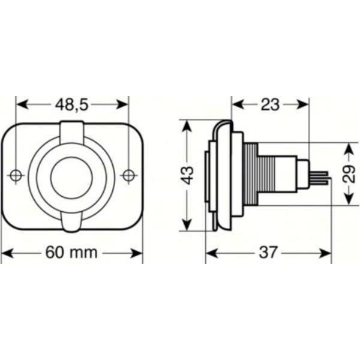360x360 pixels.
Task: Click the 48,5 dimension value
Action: click(x=72, y=104)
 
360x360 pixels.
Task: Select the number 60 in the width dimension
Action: click(x=56, y=253)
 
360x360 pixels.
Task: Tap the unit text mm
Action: click(x=83, y=253)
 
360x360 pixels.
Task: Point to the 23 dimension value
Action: click(x=271, y=104)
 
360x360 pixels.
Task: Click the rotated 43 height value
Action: click(x=188, y=175)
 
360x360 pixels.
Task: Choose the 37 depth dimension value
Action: click(x=269, y=253)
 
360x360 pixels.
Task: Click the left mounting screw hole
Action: click(x=16, y=175)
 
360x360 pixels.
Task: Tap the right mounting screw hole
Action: click(x=127, y=175)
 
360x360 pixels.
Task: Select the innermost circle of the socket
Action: click(x=71, y=175)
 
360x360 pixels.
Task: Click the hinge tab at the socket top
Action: click(x=71, y=130)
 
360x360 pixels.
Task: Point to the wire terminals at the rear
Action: click(x=320, y=175)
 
